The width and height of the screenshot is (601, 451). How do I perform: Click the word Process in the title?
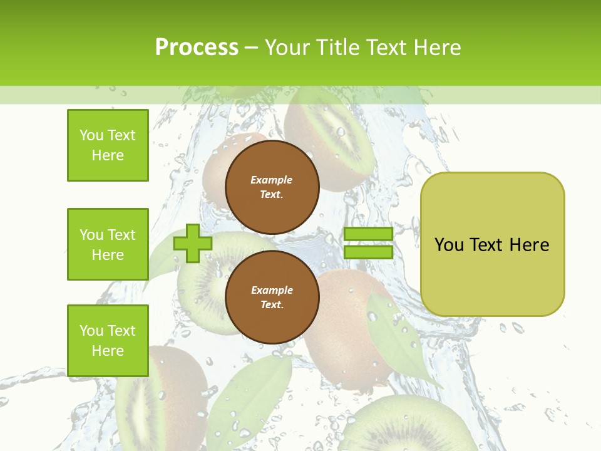tap(197, 48)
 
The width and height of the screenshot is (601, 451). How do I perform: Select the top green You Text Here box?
tap(108, 145)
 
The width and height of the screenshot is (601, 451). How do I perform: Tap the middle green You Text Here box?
tap(108, 244)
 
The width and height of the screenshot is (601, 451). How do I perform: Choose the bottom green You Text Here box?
tap(108, 341)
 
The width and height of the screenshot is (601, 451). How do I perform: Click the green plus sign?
tap(193, 243)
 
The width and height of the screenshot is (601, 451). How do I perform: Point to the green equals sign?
tap(368, 243)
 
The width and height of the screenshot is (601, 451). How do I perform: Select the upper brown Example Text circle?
tap(272, 187)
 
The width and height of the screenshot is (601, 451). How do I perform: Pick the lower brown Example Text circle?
tap(272, 298)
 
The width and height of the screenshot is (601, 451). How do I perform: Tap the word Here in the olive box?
tap(529, 244)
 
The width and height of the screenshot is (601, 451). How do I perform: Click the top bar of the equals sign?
tap(368, 234)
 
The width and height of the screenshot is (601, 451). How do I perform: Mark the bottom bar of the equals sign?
tap(368, 252)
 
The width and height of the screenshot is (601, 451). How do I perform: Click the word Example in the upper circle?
tap(272, 180)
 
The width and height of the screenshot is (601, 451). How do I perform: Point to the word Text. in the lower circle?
tap(272, 305)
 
